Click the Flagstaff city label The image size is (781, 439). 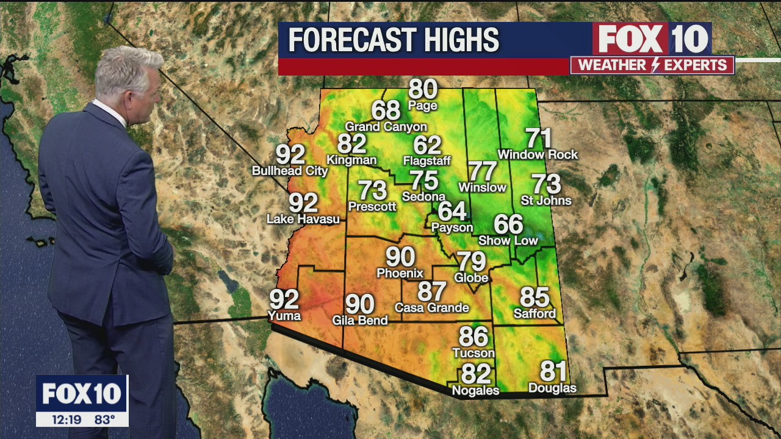426,161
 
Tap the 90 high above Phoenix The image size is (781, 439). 400,257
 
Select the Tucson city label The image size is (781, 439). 473,353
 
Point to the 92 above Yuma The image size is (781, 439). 284,299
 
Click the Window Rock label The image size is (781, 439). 538,155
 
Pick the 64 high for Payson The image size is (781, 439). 452,211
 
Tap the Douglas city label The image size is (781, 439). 552,388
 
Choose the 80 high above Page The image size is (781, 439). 423,89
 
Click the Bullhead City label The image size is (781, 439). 290,171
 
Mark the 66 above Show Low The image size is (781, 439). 508,224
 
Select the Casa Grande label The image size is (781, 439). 432,308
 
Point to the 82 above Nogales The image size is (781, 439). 476,373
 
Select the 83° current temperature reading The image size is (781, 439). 104,419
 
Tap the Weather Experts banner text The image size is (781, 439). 652,65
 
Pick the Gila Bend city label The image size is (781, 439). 360,320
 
